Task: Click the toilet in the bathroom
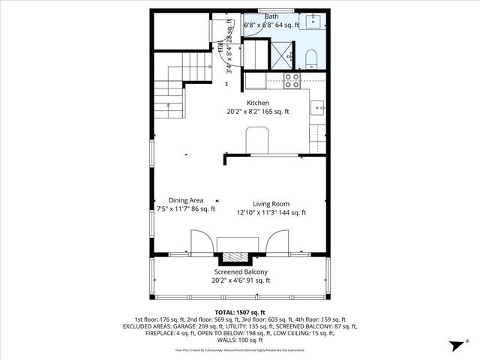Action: pyautogui.click(x=310, y=57)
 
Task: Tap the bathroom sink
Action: pyautogui.click(x=313, y=19)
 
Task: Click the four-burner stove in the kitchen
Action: pyautogui.click(x=292, y=78)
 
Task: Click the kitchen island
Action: pyautogui.click(x=258, y=139)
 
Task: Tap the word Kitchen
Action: pyautogui.click(x=258, y=103)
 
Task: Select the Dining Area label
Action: pyautogui.click(x=186, y=200)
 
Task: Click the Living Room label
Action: pyautogui.click(x=271, y=202)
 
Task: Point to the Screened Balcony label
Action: pyautogui.click(x=241, y=272)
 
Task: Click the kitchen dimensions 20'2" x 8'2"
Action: pyautogui.click(x=242, y=112)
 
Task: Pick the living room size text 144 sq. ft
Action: pyautogui.click(x=293, y=212)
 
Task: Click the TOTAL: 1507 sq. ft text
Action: pyautogui.click(x=240, y=312)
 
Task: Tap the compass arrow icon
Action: pyautogui.click(x=454, y=346)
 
